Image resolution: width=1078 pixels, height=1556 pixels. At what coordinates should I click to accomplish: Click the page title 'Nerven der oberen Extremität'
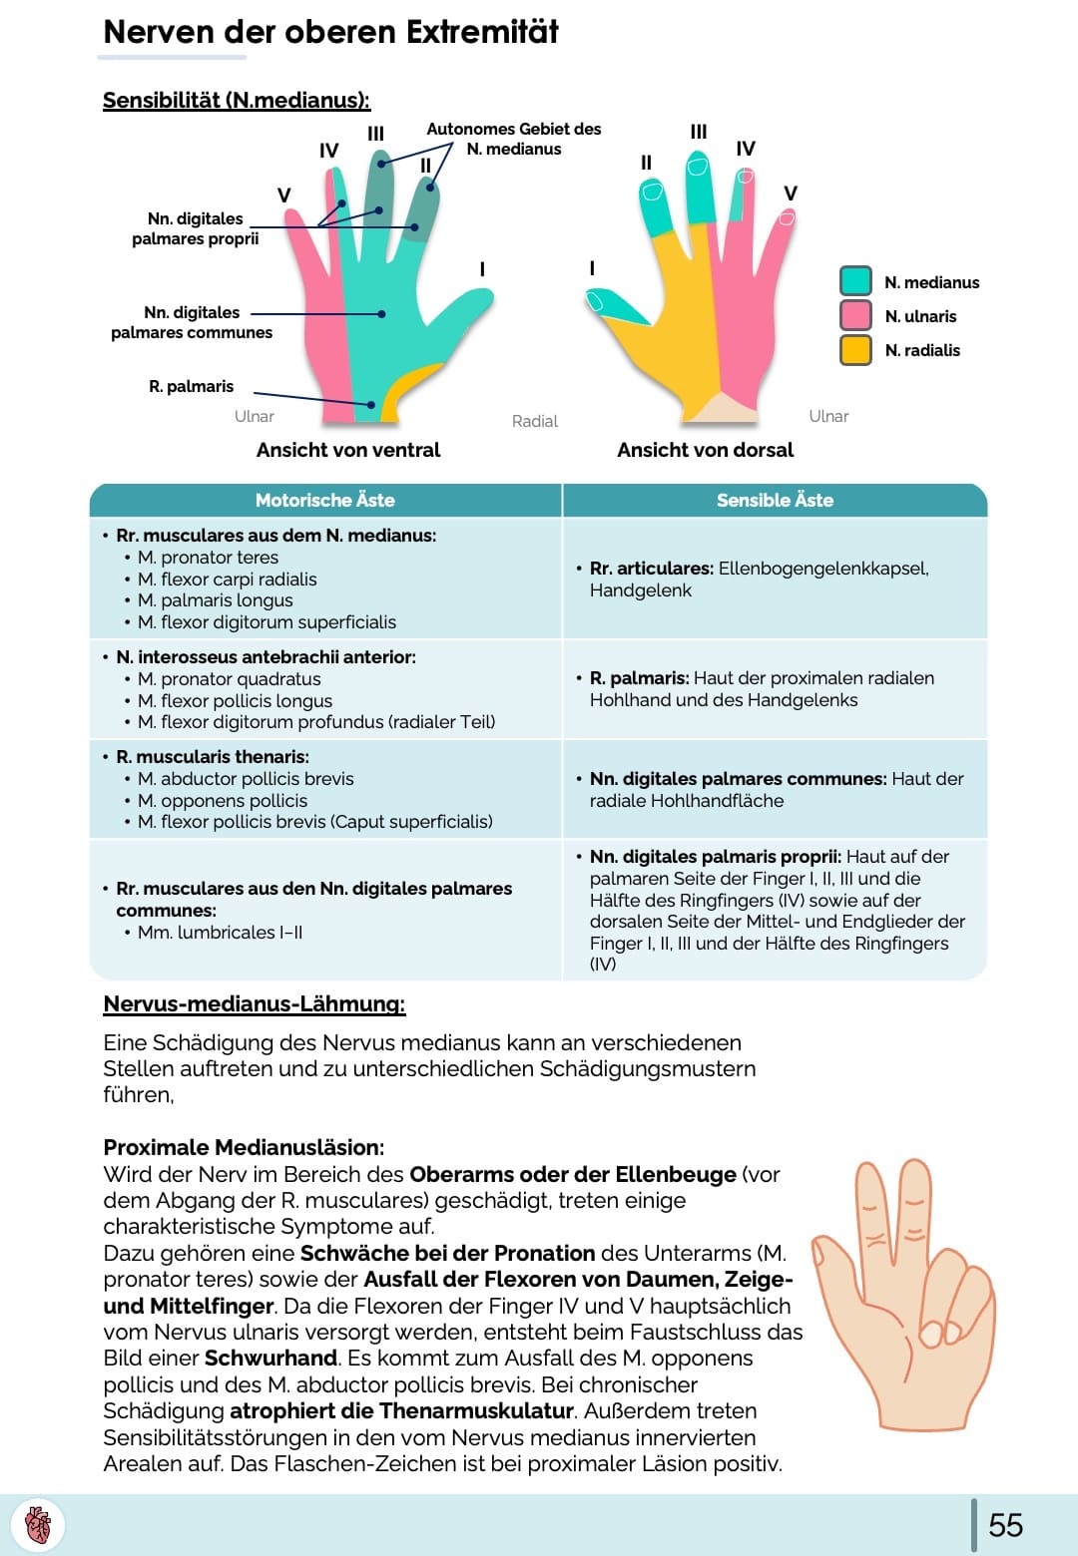pos(330,32)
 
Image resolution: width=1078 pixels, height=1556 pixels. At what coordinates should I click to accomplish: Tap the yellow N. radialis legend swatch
pos(855,350)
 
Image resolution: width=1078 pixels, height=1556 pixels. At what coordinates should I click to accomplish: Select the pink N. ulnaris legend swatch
pos(855,315)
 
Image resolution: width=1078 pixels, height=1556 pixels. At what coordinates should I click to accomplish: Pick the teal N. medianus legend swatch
pos(855,281)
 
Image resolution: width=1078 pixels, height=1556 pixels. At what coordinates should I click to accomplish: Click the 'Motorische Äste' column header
pos(324,500)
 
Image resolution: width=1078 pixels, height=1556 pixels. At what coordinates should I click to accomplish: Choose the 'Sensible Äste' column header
pos(775,500)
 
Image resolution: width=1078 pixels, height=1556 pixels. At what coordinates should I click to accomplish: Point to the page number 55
pos(1005,1525)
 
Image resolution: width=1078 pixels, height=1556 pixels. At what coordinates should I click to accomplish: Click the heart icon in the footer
pos(38,1525)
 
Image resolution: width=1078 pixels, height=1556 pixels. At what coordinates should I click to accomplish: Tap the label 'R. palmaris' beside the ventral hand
pos(191,386)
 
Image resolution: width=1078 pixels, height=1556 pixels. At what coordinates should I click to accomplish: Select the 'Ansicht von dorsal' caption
pos(705,450)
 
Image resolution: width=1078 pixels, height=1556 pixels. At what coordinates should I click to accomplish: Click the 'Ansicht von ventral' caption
pos(347,450)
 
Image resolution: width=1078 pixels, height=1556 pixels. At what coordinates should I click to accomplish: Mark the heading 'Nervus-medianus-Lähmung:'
pos(254,1003)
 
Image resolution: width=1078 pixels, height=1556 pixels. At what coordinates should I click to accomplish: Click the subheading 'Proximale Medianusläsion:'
pos(244,1147)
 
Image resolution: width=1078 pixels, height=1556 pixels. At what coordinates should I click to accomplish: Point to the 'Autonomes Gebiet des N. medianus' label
pos(513,139)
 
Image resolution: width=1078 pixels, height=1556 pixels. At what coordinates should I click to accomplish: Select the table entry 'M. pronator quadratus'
pos(229,679)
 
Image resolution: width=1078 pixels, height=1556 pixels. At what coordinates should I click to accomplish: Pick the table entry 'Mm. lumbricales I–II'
pos(220,933)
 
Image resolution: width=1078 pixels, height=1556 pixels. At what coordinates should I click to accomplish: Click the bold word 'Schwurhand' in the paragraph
pos(270,1359)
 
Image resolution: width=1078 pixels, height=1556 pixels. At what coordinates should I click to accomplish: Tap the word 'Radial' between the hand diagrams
pos(534,421)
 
